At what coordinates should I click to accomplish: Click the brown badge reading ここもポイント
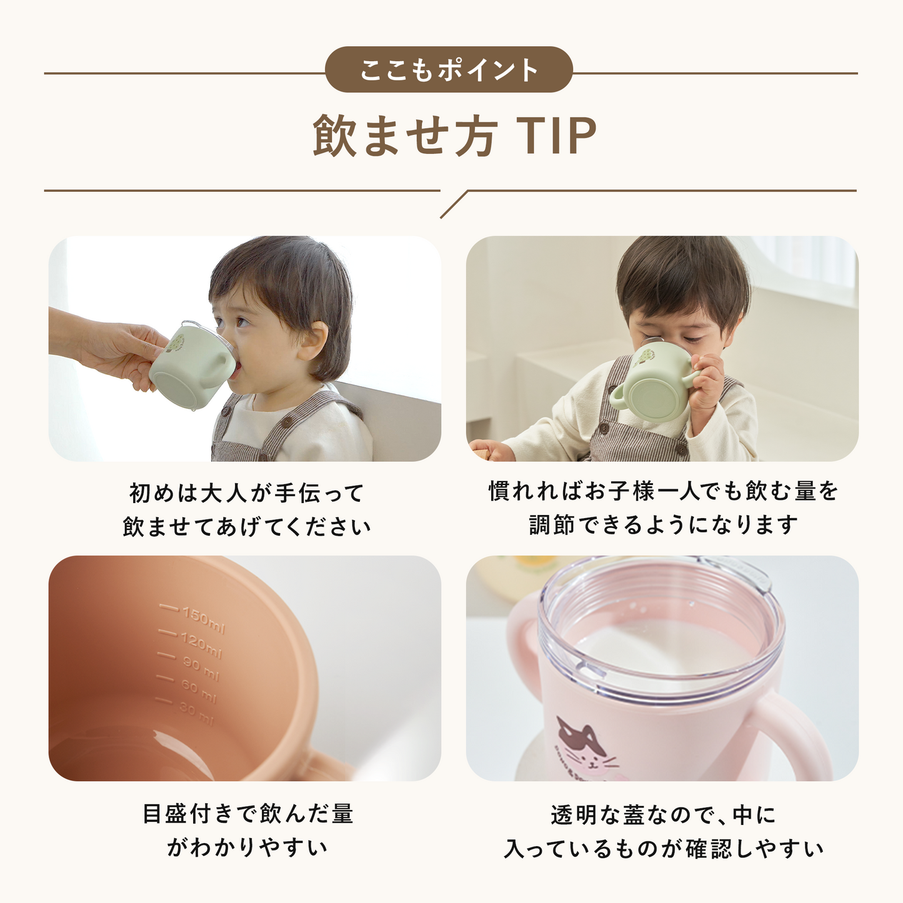pyautogui.click(x=449, y=69)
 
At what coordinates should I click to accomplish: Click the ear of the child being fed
pyautogui.click(x=312, y=341)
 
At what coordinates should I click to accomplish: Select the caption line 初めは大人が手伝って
pyautogui.click(x=246, y=493)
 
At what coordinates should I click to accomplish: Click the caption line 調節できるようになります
pyautogui.click(x=662, y=525)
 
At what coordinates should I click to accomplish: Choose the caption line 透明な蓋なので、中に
pyautogui.click(x=662, y=815)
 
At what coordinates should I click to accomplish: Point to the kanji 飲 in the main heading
pyautogui.click(x=334, y=136)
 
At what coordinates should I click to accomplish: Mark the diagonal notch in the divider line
pyautogui.click(x=454, y=204)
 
